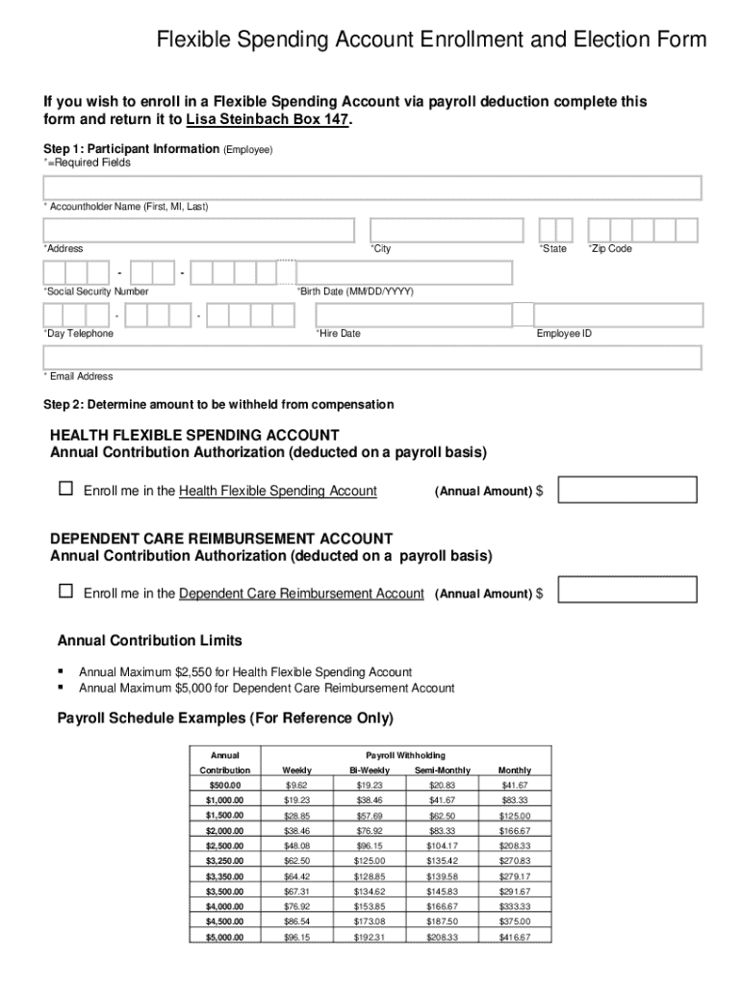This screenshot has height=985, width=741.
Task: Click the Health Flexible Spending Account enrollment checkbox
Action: (65, 490)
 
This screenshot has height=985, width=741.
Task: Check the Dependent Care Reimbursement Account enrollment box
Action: (65, 592)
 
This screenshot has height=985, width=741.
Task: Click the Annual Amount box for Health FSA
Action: (627, 491)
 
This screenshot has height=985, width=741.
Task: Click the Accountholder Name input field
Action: (371, 189)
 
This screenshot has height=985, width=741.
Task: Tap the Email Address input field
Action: (371, 358)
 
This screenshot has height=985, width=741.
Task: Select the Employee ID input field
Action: (618, 316)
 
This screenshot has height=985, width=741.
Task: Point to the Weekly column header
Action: (296, 770)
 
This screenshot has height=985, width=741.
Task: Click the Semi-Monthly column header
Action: (443, 770)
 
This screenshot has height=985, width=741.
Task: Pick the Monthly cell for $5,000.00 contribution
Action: (514, 937)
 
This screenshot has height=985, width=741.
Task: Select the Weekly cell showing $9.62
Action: (296, 786)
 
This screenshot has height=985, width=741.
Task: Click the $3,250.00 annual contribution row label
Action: (224, 861)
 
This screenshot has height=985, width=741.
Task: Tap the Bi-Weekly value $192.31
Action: (370, 937)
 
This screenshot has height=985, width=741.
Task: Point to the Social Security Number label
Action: (96, 291)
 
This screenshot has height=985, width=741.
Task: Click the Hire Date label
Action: (338, 334)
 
